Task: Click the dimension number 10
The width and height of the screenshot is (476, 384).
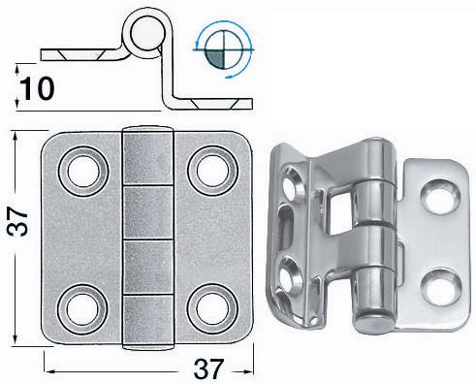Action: (x=37, y=88)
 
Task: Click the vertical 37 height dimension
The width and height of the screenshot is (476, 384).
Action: (x=17, y=222)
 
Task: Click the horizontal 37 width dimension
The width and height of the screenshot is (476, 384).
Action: (x=208, y=368)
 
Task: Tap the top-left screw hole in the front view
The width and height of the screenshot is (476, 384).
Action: (x=83, y=171)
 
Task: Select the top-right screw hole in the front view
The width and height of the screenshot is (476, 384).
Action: (x=212, y=171)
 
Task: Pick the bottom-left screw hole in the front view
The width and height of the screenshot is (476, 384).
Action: (x=82, y=309)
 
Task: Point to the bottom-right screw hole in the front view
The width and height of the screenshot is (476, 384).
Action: (x=212, y=309)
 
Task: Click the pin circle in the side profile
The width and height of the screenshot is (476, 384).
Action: (x=147, y=33)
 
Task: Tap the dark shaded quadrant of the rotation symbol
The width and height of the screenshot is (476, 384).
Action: (x=214, y=59)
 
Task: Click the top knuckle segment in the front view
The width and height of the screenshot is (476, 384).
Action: (x=148, y=157)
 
